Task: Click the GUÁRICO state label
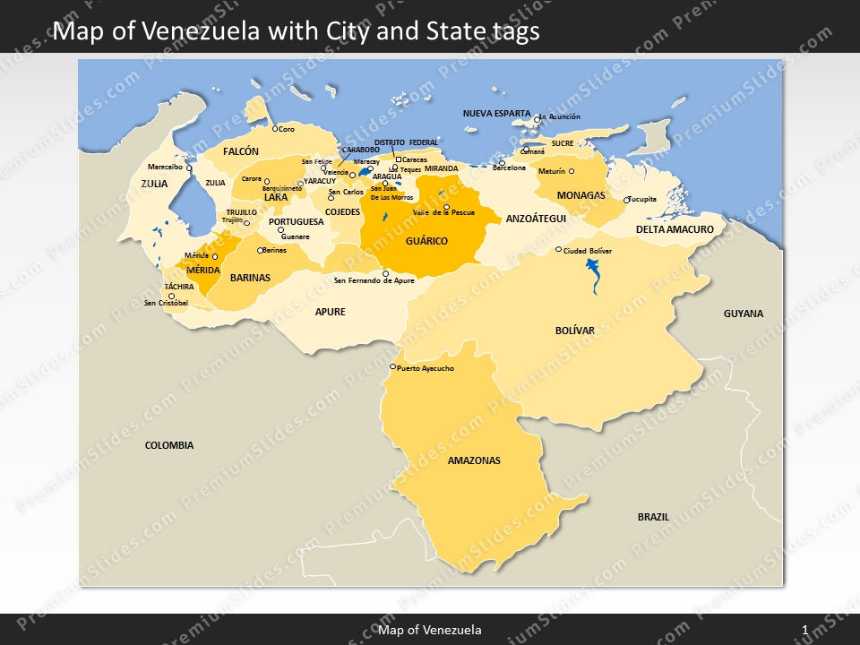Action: [x=426, y=241]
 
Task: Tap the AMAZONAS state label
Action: [x=474, y=460]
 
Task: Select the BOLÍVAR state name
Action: [x=574, y=331]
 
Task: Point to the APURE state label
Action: [x=330, y=312]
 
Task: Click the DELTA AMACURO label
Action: [x=675, y=229]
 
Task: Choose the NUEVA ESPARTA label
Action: [x=496, y=114]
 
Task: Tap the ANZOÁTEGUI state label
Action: [x=536, y=218]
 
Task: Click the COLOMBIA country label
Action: [x=169, y=445]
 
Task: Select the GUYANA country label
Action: [x=744, y=314]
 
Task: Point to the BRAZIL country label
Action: [x=653, y=517]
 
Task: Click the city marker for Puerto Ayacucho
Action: [x=392, y=366]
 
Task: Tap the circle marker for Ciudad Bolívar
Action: [x=558, y=250]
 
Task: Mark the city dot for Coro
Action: [x=275, y=128]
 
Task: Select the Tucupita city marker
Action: [x=626, y=200]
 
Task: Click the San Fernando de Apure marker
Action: [x=385, y=274]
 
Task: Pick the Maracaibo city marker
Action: [x=189, y=168]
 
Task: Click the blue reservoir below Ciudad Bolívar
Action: [x=593, y=273]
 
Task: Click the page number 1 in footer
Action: [x=805, y=631]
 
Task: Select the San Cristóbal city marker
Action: [x=171, y=296]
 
